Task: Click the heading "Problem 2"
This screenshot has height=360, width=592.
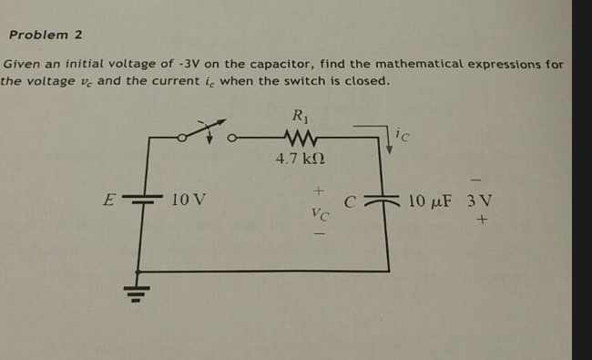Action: [46, 35]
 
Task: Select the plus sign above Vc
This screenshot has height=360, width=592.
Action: [318, 192]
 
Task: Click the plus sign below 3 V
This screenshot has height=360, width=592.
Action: [479, 221]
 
